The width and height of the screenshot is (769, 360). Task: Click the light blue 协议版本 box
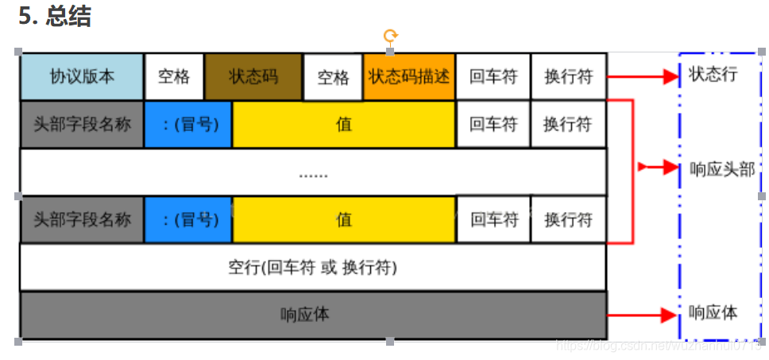coord(82,76)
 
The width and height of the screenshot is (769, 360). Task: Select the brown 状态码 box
coord(253,76)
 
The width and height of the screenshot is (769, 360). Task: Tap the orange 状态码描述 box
coord(409,76)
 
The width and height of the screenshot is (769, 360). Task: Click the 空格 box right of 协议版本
coord(174,76)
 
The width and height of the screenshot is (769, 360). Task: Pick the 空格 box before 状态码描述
coord(333,77)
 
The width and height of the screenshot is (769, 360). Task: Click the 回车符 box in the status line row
coord(493,76)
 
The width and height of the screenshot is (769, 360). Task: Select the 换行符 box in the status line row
coord(568,76)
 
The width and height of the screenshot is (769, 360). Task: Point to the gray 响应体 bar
coord(312,315)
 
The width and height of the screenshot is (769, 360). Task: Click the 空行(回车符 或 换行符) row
coord(312,268)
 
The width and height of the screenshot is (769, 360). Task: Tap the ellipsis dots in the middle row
coord(312,172)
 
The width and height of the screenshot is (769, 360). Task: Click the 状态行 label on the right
coord(713,75)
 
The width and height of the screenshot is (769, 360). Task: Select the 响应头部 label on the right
coord(721,168)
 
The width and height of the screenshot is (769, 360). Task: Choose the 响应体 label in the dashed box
coord(713,313)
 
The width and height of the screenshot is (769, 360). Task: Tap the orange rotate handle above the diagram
coord(390,36)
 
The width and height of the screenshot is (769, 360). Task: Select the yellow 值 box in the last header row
coord(344,219)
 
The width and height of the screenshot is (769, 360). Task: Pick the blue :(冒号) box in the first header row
coord(188,124)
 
